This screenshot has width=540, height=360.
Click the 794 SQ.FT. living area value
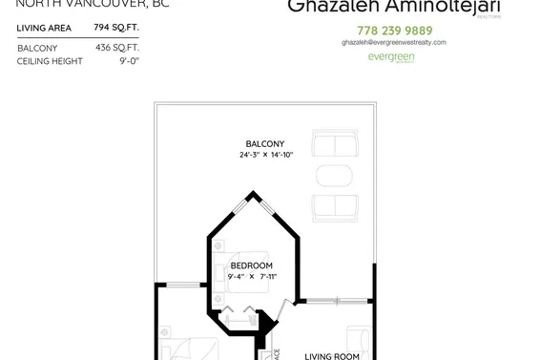pyautogui.click(x=116, y=28)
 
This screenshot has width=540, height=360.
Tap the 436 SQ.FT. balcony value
pyautogui.click(x=116, y=47)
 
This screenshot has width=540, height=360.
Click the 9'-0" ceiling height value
pyautogui.click(x=128, y=61)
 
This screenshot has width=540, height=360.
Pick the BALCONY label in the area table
pyautogui.click(x=37, y=47)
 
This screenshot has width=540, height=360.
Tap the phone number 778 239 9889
pyautogui.click(x=394, y=30)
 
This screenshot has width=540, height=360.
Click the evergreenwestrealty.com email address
pyautogui.click(x=394, y=43)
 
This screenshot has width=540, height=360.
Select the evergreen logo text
pyautogui.click(x=390, y=57)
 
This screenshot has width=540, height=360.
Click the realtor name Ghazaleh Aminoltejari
pyautogui.click(x=390, y=7)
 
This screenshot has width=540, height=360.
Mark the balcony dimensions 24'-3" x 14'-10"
pyautogui.click(x=265, y=155)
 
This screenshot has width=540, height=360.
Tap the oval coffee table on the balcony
pyautogui.click(x=334, y=178)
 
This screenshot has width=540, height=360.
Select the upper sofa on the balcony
pyautogui.click(x=336, y=146)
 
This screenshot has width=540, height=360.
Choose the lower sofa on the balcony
pyautogui.click(x=336, y=208)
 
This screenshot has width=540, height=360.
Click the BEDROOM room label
pyautogui.click(x=252, y=265)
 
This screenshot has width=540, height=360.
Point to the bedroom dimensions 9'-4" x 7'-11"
pyautogui.click(x=252, y=276)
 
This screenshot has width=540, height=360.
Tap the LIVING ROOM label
pyautogui.click(x=331, y=356)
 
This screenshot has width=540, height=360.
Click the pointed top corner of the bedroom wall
pyautogui.click(x=253, y=195)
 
